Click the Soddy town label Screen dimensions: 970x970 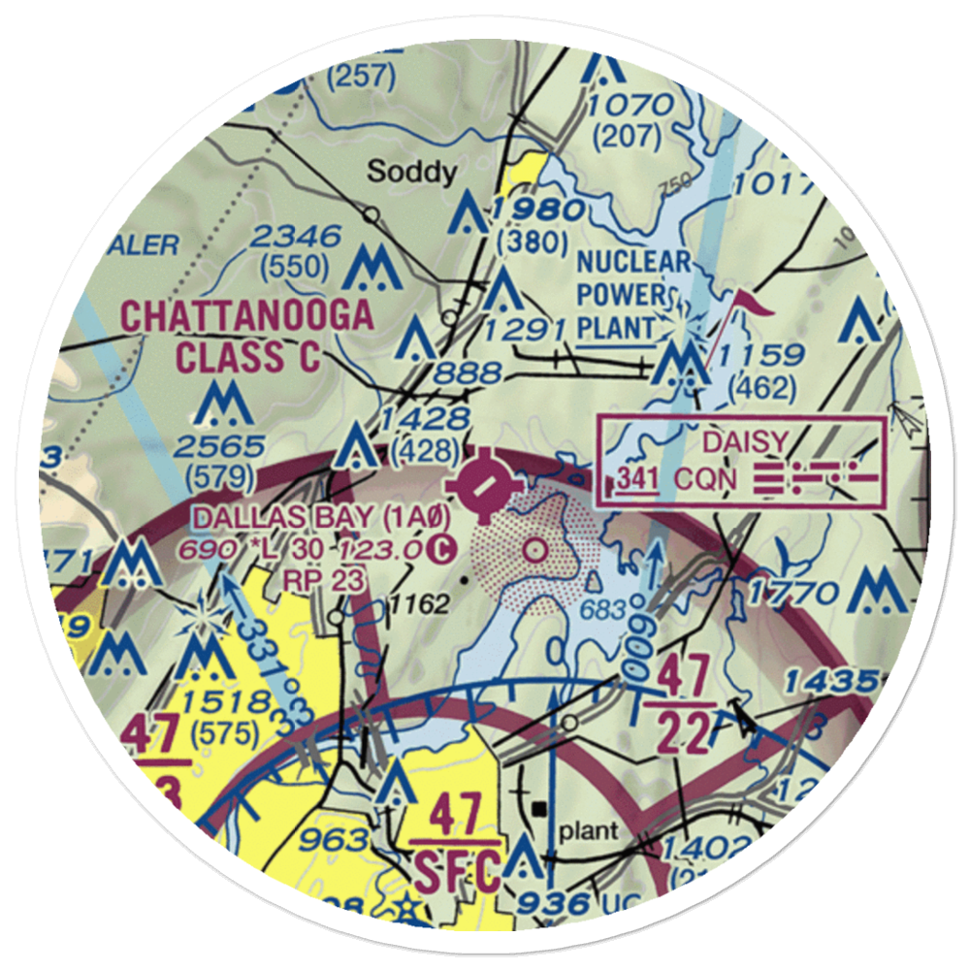pos(412,173)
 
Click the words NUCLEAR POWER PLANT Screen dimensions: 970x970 pos(633,295)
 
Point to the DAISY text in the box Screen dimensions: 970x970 pos(745,442)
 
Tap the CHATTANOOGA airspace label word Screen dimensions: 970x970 pos(246,316)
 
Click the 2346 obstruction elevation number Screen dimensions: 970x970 pos(297,236)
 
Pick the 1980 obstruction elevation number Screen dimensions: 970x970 pos(536,210)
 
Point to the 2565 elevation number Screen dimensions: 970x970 pos(219,446)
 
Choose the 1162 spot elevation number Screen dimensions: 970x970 pos(421,605)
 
